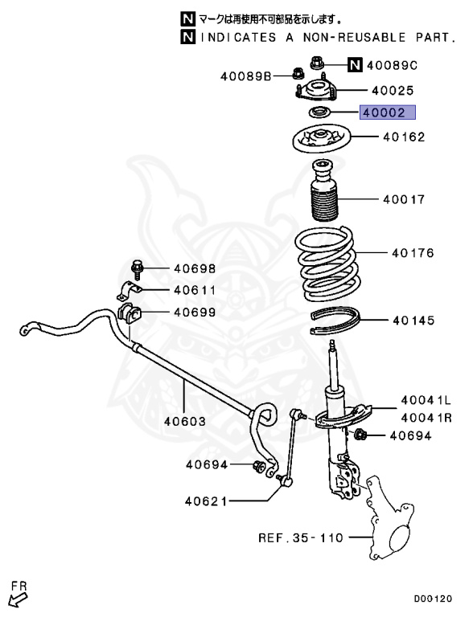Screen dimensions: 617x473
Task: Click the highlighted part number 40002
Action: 388,114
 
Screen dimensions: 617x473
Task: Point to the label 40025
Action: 393,92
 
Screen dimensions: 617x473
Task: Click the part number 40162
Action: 403,137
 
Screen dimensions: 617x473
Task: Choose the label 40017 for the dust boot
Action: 403,198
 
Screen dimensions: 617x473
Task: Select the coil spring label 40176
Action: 413,253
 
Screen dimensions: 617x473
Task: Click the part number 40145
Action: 413,321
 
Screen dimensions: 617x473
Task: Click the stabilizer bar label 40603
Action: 185,420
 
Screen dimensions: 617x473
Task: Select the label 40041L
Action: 426,399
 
